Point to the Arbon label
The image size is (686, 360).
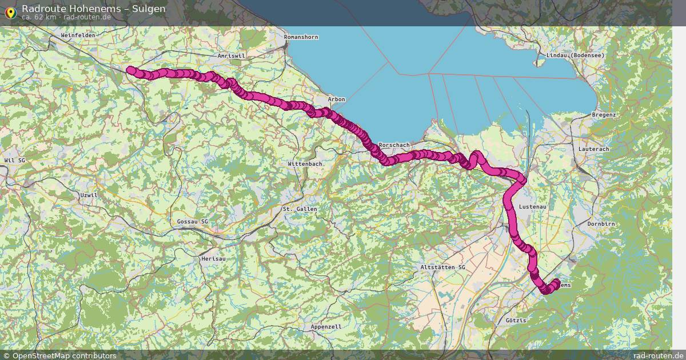(337, 99)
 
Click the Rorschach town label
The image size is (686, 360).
(394, 145)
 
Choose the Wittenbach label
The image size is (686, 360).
(305, 163)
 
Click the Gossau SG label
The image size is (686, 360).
(193, 221)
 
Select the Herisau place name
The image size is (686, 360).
(213, 259)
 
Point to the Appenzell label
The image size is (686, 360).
(326, 326)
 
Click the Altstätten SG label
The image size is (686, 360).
(443, 267)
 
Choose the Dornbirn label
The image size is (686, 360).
(601, 224)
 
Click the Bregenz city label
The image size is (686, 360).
(604, 115)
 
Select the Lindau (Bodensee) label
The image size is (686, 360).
(575, 55)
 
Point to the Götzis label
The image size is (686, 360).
(516, 321)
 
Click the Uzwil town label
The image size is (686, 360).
(90, 195)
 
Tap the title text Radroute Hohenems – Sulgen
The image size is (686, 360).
(94, 9)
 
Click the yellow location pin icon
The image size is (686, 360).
(10, 12)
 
